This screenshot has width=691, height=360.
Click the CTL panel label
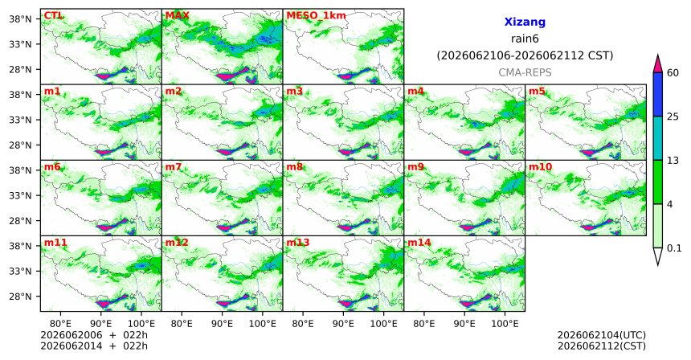pos(54,16)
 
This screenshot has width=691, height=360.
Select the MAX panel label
pos(177,16)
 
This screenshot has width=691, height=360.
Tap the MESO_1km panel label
pos(316,16)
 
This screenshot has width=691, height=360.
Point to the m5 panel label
pos(537,92)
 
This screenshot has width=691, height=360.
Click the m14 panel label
pos(419,243)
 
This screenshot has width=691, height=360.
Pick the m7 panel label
pos(174,167)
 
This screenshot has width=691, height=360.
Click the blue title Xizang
pos(525,22)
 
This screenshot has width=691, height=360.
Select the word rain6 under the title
pos(525,39)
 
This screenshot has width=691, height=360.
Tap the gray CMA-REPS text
pos(525,72)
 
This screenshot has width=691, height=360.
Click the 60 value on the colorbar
pos(673,72)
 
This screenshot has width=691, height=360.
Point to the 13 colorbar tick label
pos(673,161)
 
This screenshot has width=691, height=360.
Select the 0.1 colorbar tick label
pos(674,248)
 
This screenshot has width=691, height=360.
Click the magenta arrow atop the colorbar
pos(657,64)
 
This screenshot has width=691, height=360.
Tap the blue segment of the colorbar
pos(657,94)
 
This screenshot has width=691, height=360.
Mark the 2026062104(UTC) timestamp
pos(602,336)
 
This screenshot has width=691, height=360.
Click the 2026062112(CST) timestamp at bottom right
pos(602,346)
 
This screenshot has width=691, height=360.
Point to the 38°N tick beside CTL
pos(20,19)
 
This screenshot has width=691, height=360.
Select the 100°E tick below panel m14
pos(505,324)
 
